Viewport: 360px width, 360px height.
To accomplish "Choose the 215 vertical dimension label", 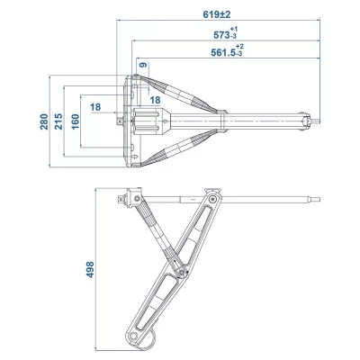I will click(x=59, y=121).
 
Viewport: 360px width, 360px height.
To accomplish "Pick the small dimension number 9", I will click(x=142, y=65).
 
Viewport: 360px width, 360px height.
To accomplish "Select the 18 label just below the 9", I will click(x=155, y=99).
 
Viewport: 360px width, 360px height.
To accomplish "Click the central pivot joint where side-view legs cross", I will click(x=180, y=267).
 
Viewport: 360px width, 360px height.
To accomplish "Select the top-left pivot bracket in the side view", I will click(x=132, y=196).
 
